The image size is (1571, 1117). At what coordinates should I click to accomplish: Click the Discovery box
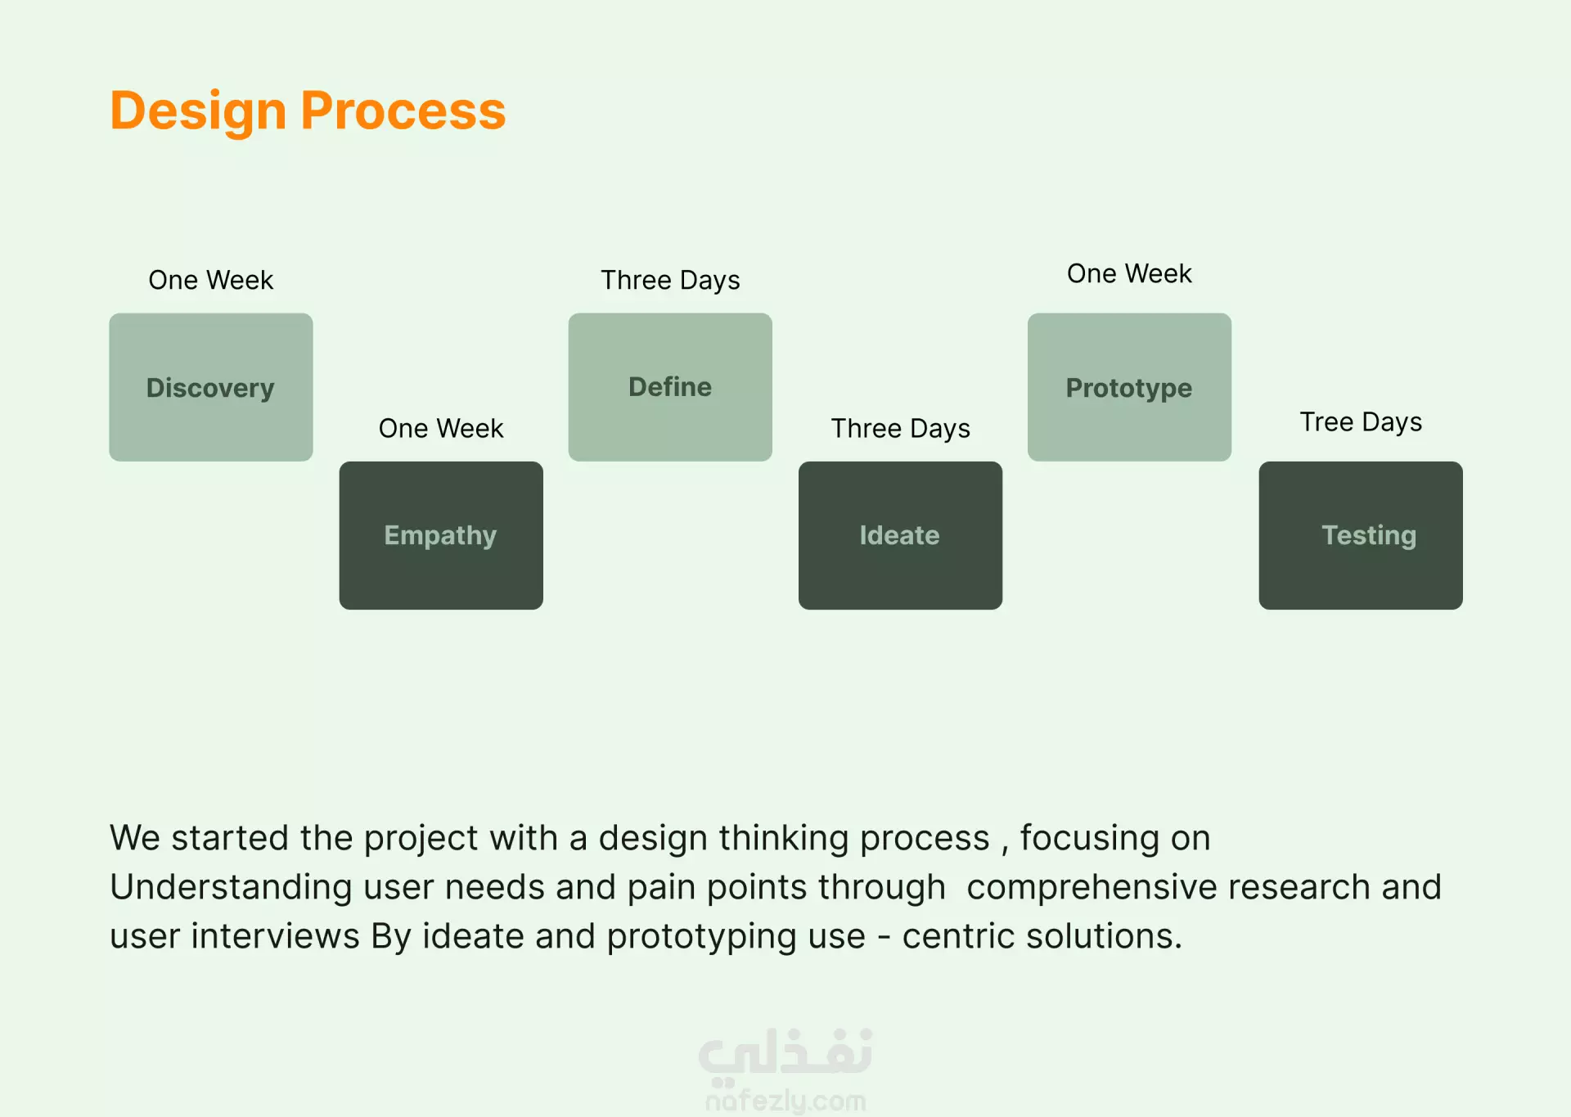pos(211,387)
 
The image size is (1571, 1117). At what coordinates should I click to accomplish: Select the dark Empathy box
pos(441,535)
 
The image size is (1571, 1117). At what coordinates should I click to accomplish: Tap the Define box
pos(670,387)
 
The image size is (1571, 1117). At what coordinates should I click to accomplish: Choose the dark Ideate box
pos(900,535)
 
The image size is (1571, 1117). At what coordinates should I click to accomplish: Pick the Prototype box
pos(1129,387)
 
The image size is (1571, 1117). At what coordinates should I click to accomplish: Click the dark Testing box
pos(1361,535)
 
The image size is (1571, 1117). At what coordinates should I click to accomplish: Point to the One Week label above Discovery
pos(211,280)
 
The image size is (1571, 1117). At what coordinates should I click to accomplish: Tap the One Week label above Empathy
pos(441,428)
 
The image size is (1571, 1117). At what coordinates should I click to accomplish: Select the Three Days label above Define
pos(670,281)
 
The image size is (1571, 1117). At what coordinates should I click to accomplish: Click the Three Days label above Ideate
pos(901,429)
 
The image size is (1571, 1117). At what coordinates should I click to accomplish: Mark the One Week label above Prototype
pos(1129,273)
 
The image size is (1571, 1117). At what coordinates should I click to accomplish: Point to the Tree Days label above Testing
pos(1361,422)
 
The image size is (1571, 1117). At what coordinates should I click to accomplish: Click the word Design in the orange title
pos(198,111)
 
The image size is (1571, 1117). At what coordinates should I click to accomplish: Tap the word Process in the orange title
pos(403,110)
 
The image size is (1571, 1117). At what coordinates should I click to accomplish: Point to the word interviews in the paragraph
pos(275,936)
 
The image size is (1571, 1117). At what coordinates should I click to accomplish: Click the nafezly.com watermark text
pos(785,1101)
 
